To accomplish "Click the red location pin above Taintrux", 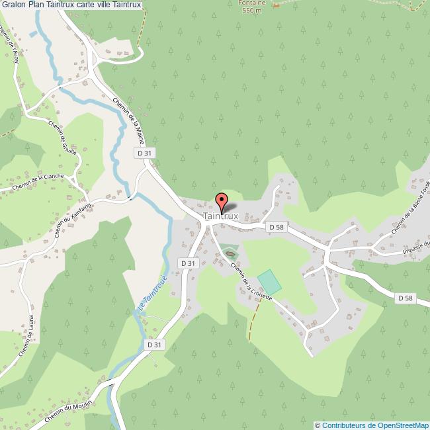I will [222, 200].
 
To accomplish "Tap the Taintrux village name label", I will [221, 216].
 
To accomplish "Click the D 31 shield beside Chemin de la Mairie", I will [145, 153].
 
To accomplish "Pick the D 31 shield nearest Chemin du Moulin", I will [154, 345].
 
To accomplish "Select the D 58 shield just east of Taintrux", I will [277, 227].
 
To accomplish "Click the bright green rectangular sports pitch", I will [269, 282].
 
